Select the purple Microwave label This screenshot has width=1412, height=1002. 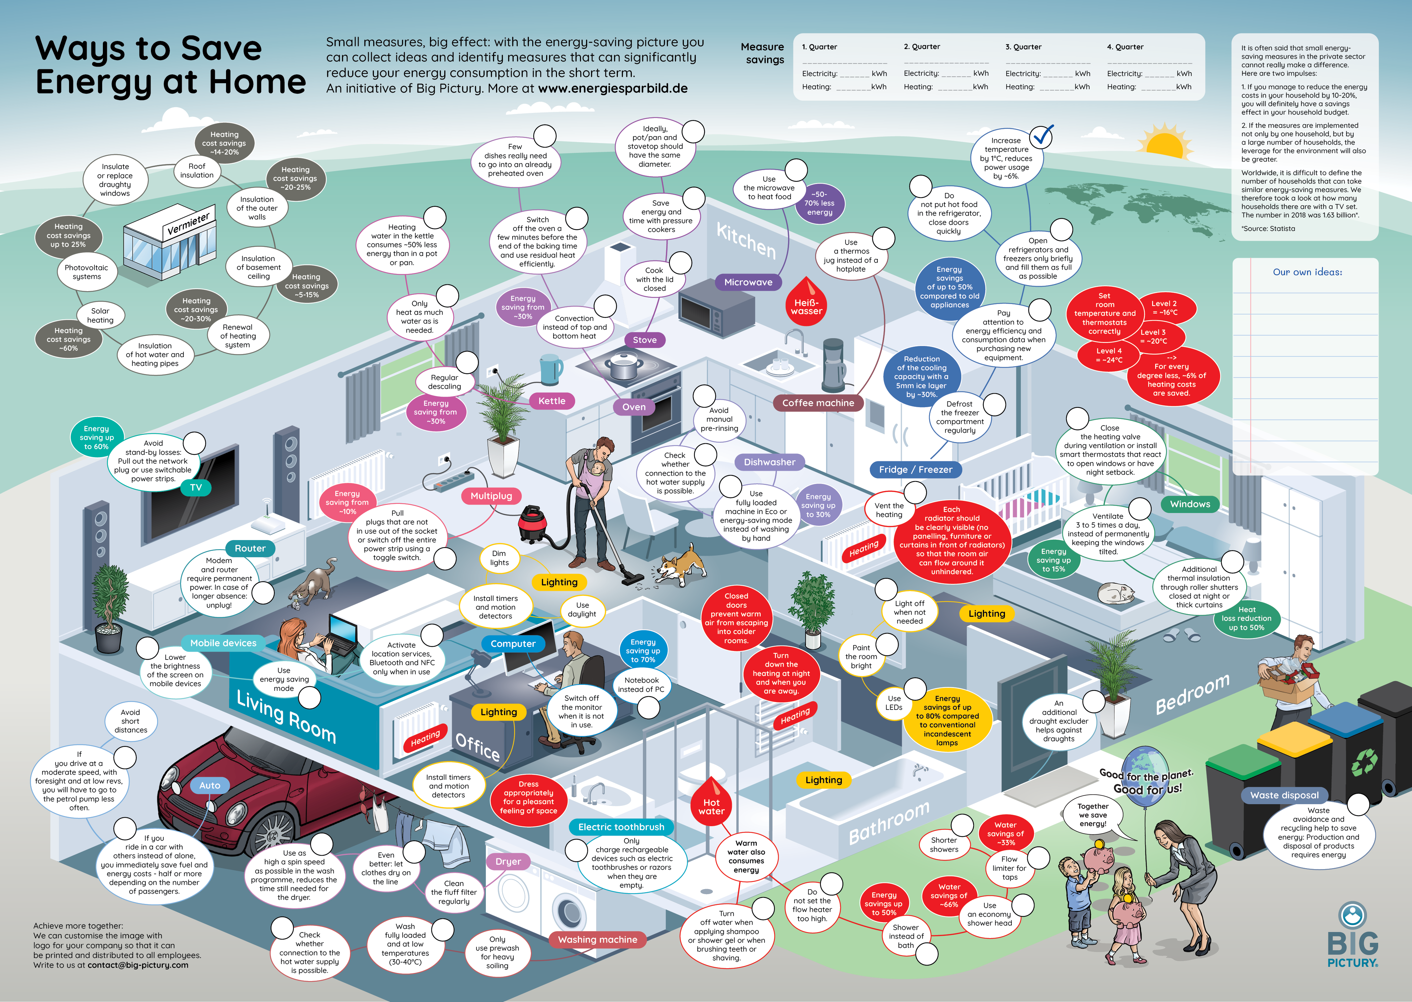coord(748,282)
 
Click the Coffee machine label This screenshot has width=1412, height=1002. coord(818,403)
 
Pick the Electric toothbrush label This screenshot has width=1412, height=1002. coord(621,827)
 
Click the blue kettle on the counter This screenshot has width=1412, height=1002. coord(550,369)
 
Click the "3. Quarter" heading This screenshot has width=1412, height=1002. coord(1023,47)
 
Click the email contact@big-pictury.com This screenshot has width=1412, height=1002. coord(138,965)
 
